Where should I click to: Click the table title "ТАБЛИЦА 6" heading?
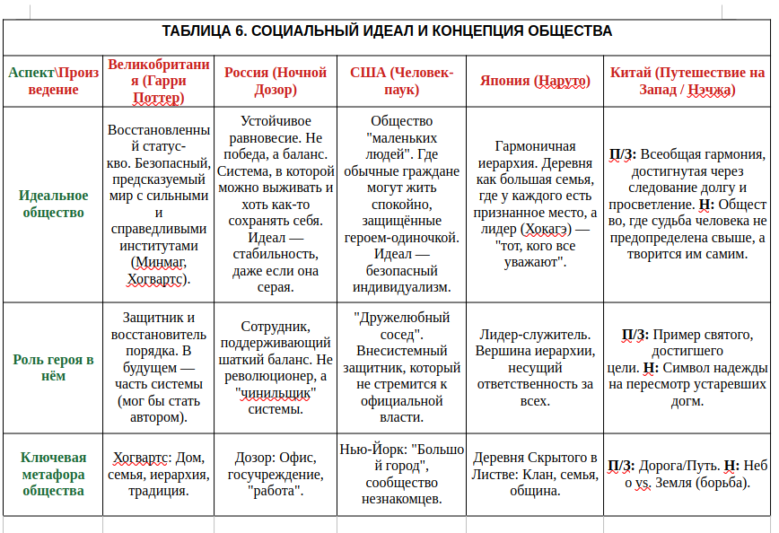tap(387, 31)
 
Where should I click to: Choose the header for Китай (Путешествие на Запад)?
tap(687, 81)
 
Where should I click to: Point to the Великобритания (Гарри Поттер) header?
tap(158, 81)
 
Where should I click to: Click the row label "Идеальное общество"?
tap(53, 204)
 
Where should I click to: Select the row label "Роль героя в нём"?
tap(53, 367)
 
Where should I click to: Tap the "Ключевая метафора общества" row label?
tap(53, 474)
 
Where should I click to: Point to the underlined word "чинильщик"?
tap(276, 393)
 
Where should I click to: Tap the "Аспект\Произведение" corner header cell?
tap(53, 81)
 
